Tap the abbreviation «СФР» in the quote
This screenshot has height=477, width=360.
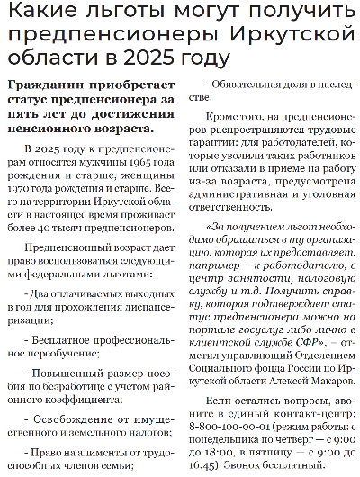285,341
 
